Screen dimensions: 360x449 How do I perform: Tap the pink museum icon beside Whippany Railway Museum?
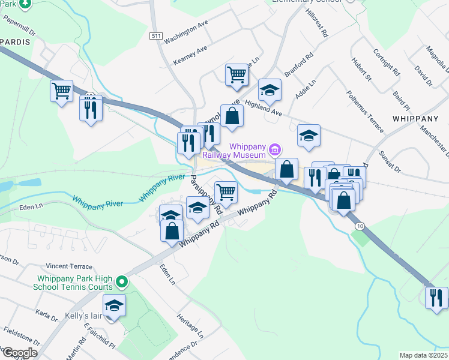[275, 148]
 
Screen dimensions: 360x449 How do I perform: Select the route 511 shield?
[156, 37]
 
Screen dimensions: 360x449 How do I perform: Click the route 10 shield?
[358, 226]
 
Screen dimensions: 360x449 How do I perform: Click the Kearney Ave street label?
[190, 55]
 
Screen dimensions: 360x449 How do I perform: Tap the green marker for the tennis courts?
[122, 281]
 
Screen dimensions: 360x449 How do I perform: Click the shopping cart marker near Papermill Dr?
[62, 92]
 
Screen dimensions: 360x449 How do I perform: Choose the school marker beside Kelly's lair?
[115, 305]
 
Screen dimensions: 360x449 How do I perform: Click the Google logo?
[19, 353]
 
